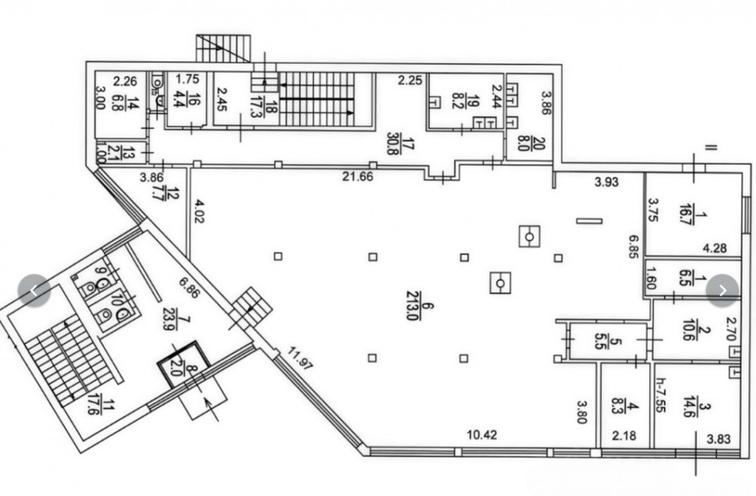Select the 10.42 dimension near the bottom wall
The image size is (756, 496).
tap(482, 434)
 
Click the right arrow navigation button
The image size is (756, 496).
tap(723, 290)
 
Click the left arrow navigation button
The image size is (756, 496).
tap(34, 290)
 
